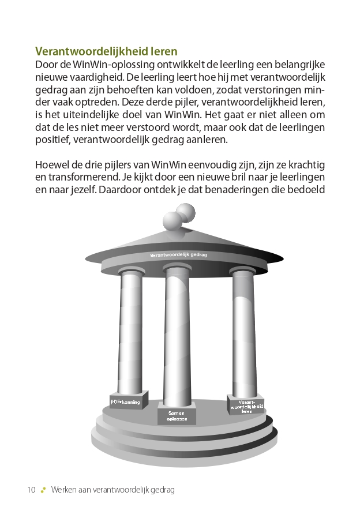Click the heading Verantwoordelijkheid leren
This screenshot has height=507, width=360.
(x=106, y=51)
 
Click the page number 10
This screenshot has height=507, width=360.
(x=31, y=490)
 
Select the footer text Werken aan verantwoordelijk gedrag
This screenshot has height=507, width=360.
(x=112, y=490)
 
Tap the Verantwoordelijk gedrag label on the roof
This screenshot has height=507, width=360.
(x=178, y=255)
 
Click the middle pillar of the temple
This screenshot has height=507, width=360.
(x=178, y=335)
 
